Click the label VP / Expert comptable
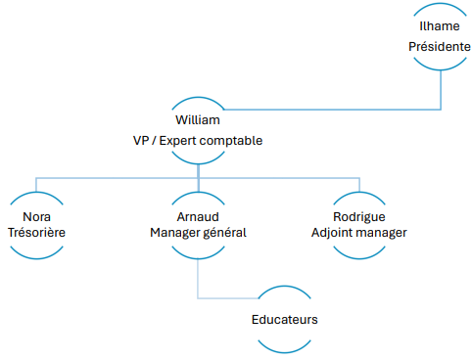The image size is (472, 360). point(198,140)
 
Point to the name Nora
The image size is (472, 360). point(36,214)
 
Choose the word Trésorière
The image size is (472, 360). point(36,233)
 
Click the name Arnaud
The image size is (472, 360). point(198,214)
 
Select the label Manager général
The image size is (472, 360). point(198,233)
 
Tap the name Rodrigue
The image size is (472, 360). point(358,214)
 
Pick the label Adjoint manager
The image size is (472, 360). point(358,233)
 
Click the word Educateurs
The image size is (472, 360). point(284,319)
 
